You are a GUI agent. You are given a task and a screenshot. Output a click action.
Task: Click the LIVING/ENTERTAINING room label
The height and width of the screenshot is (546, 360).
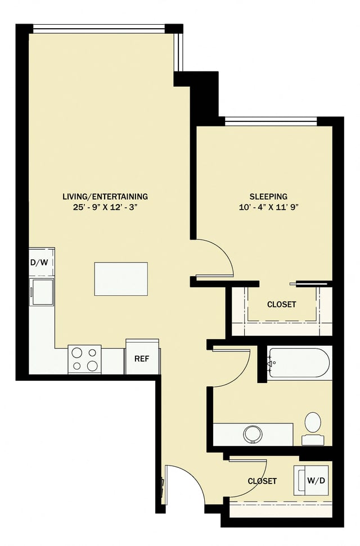[x=105, y=196]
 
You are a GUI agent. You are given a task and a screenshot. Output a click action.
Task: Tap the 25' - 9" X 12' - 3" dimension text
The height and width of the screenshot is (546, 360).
[x=105, y=207]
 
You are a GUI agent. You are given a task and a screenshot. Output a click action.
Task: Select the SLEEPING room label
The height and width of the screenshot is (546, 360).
[x=268, y=196]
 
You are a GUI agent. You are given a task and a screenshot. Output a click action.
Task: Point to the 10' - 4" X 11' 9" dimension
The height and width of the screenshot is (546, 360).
[x=268, y=207]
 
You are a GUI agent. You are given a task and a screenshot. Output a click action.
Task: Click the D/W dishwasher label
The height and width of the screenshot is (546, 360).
[x=38, y=263]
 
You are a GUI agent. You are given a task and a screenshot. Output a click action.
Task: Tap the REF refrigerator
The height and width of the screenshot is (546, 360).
[x=142, y=358]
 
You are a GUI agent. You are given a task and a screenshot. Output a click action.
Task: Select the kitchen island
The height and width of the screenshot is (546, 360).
[x=120, y=278]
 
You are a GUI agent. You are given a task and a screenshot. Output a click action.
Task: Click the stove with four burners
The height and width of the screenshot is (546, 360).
[x=84, y=359]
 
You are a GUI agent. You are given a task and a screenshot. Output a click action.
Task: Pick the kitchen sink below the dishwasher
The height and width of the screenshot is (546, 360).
[x=42, y=291]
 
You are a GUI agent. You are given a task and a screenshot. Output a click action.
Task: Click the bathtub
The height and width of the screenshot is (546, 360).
[x=298, y=363]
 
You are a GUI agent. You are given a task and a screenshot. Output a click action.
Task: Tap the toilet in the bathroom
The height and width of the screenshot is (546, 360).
[x=312, y=427]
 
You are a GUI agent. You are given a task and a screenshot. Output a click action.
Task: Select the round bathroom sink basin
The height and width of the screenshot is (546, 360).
[x=253, y=434]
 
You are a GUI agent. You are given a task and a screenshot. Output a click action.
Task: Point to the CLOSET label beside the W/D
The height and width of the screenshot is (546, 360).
[x=262, y=481]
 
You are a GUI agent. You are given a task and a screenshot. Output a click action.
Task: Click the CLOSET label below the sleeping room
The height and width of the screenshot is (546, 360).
[x=281, y=304]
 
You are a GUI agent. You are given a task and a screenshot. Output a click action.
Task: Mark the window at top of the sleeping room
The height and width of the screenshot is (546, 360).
[x=271, y=120]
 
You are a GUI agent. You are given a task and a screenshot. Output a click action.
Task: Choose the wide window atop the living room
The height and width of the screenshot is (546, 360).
[x=98, y=28]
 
